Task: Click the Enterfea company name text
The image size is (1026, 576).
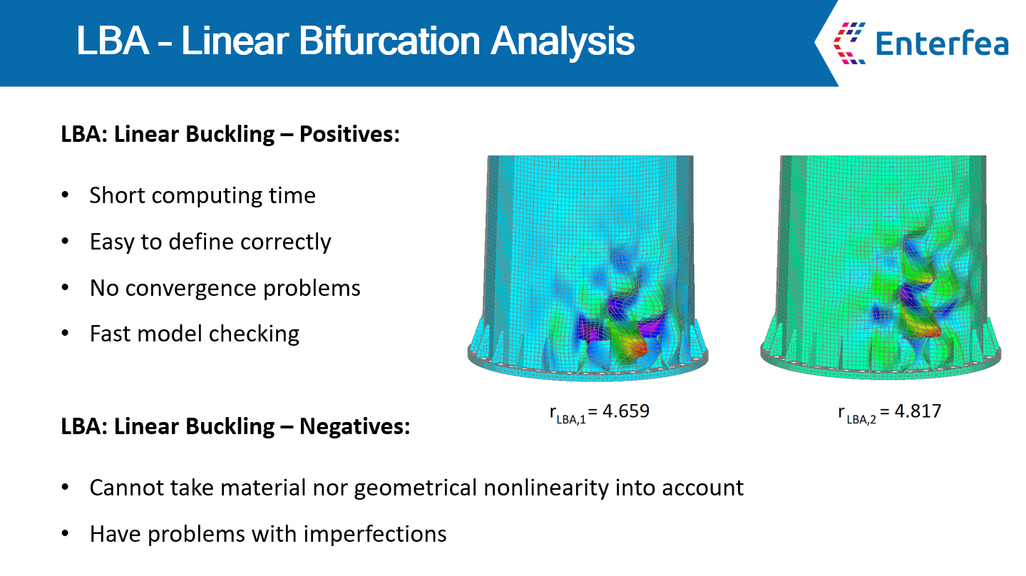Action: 942,43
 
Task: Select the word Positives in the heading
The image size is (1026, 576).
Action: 349,135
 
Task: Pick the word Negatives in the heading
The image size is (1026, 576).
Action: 354,426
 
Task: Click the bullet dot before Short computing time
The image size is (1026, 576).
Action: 65,195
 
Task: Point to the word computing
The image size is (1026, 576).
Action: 207,197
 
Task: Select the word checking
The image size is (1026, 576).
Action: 254,334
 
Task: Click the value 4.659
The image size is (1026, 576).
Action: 626,411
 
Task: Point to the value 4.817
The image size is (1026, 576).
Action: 918,411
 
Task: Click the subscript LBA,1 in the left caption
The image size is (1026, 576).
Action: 571,419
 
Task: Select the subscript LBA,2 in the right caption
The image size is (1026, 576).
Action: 861,419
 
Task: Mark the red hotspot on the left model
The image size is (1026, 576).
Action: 639,350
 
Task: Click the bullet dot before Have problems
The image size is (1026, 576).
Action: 65,534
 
